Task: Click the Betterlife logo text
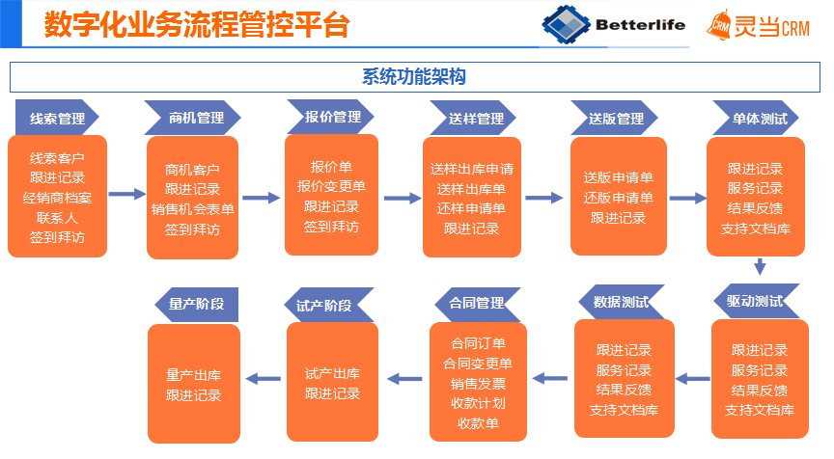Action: click(x=642, y=24)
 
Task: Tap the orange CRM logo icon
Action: click(x=718, y=25)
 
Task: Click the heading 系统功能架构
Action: click(x=415, y=77)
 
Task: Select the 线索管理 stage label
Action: click(x=57, y=119)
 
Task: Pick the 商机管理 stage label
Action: click(x=196, y=119)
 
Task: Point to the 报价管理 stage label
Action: click(x=333, y=118)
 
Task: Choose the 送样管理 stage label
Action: click(x=476, y=119)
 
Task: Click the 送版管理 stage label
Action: click(x=616, y=119)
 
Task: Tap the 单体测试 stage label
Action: click(x=759, y=119)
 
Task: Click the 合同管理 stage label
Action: click(x=476, y=303)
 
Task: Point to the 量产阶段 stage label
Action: click(x=196, y=304)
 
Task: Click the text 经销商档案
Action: click(x=57, y=197)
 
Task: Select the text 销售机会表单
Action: click(x=192, y=209)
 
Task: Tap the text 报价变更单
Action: click(x=331, y=186)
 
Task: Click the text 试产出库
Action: click(x=332, y=373)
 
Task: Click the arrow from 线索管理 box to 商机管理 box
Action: click(x=125, y=194)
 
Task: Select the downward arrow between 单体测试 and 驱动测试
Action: click(x=760, y=267)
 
